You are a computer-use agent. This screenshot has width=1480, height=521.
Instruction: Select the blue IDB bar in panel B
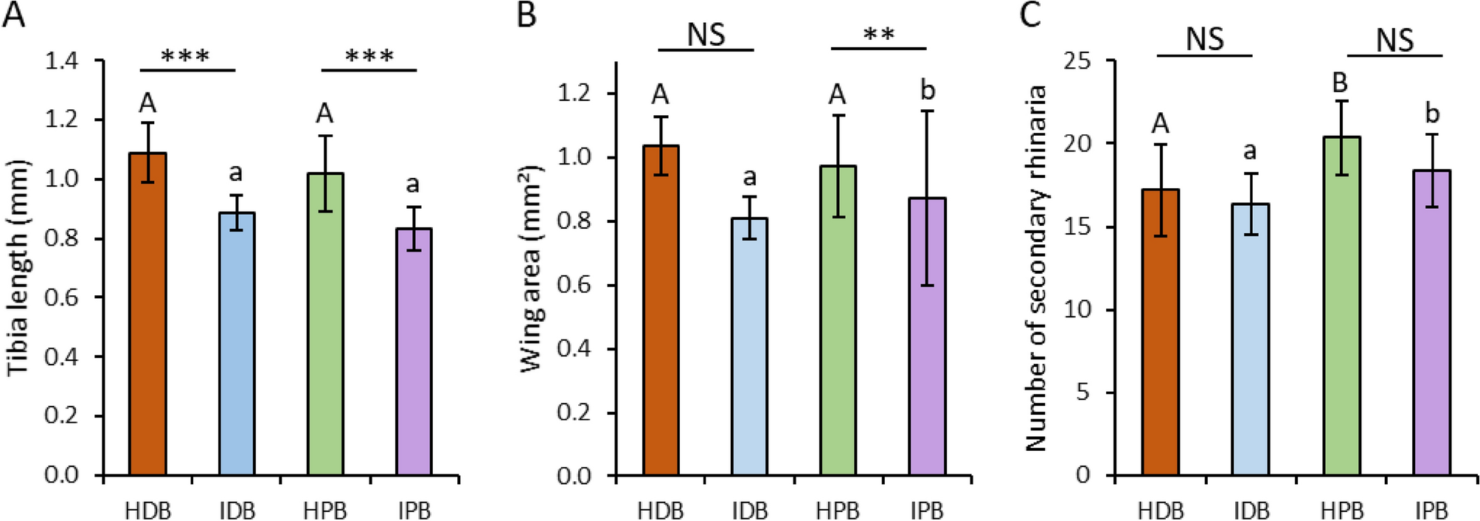click(x=749, y=347)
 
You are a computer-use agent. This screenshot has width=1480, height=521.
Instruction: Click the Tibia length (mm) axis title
click(x=18, y=267)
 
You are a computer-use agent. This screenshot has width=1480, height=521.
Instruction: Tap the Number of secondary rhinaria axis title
click(x=1036, y=267)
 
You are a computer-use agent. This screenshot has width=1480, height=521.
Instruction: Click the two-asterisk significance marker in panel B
click(x=878, y=34)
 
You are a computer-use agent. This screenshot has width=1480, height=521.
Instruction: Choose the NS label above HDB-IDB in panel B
click(x=706, y=34)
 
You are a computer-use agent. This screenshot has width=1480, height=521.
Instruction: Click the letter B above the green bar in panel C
click(x=1340, y=83)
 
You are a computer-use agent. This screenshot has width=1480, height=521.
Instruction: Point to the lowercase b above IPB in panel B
click(x=928, y=90)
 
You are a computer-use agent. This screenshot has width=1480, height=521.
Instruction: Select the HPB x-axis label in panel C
click(x=1341, y=511)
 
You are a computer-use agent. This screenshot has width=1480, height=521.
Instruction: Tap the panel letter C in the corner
click(x=1030, y=15)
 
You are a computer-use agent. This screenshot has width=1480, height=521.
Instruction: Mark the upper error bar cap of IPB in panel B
click(x=927, y=111)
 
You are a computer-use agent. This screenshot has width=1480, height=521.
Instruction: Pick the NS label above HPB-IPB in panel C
click(x=1394, y=39)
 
